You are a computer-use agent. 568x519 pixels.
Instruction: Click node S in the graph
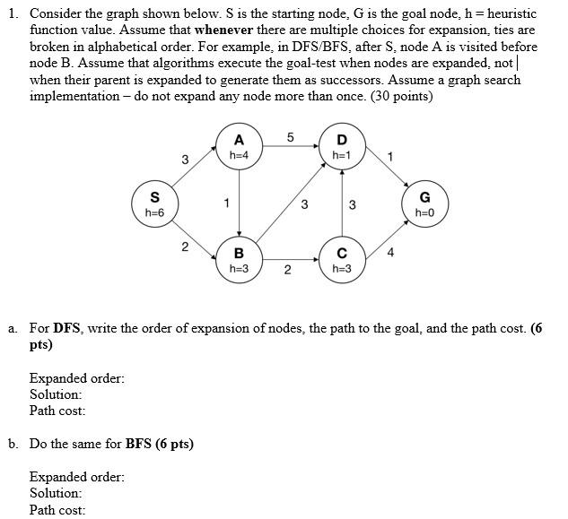pyautogui.click(x=154, y=203)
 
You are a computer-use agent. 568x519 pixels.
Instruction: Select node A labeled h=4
pyautogui.click(x=239, y=147)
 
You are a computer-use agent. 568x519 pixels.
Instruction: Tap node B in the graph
pyautogui.click(x=239, y=259)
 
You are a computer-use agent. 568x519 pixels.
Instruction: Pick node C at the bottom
pyautogui.click(x=341, y=259)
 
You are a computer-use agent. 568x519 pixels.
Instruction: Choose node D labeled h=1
pyautogui.click(x=341, y=147)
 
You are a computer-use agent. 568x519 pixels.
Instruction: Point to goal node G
pyautogui.click(x=424, y=203)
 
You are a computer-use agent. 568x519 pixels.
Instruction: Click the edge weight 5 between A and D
pyautogui.click(x=290, y=137)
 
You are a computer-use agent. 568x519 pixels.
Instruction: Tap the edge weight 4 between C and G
pyautogui.click(x=389, y=252)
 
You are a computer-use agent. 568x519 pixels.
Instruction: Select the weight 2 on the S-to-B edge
pyautogui.click(x=184, y=247)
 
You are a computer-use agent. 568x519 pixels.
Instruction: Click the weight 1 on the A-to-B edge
pyautogui.click(x=228, y=203)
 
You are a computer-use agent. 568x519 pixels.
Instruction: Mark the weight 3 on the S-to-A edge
pyautogui.click(x=184, y=160)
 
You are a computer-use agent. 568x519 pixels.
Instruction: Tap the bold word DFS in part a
pyautogui.click(x=67, y=328)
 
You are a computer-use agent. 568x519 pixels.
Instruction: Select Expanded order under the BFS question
pyautogui.click(x=77, y=477)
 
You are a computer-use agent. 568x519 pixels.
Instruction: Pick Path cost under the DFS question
pyautogui.click(x=57, y=411)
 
